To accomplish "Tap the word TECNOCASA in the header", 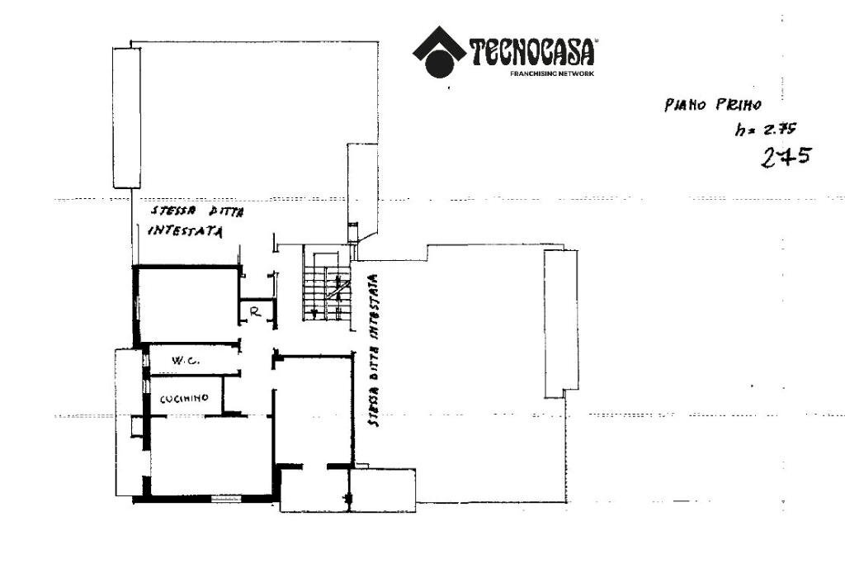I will click(533, 52).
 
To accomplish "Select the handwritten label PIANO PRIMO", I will click(712, 105).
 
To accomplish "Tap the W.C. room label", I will click(183, 361).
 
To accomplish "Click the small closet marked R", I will click(255, 312).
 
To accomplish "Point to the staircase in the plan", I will click(326, 283).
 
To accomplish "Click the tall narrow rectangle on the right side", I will click(559, 322).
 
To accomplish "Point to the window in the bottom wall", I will click(225, 499).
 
